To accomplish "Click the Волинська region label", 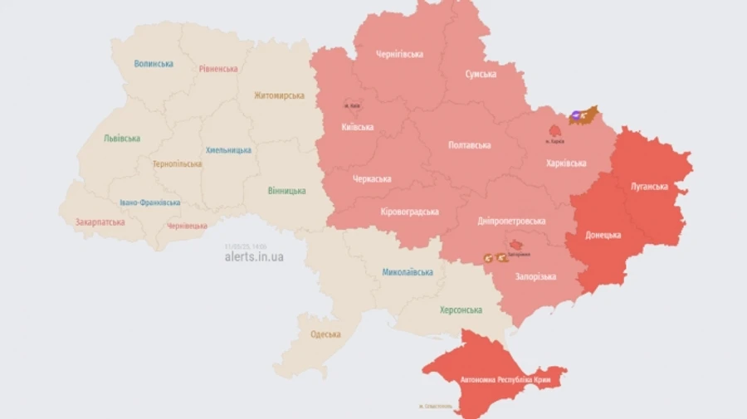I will (154, 64).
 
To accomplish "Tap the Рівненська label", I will (218, 69).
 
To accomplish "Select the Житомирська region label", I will (279, 95).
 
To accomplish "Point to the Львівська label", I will (122, 139).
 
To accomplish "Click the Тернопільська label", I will (177, 163).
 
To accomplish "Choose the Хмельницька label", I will (228, 150).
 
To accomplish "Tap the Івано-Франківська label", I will (149, 202).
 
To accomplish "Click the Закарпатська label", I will (100, 222).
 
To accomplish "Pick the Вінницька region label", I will (286, 191).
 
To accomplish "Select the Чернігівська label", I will (399, 54).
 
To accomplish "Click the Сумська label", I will (481, 74).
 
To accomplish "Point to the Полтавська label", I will (469, 145).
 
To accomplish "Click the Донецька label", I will (603, 235).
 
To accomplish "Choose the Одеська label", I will (325, 334).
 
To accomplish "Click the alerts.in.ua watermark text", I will (253, 257).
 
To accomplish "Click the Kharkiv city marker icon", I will (554, 130).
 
